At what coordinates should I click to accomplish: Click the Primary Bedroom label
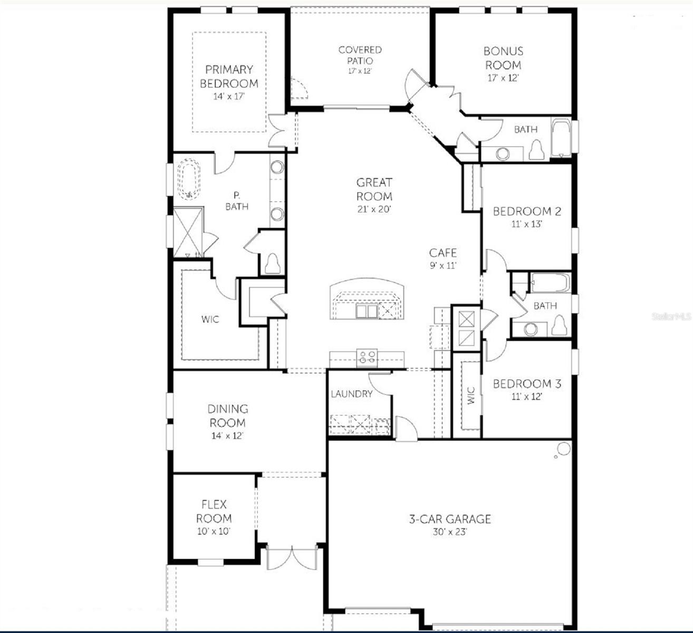(229, 76)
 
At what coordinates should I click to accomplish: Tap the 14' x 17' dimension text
(229, 97)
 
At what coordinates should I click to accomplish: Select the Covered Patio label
(360, 55)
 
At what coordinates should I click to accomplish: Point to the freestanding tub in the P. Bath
(188, 180)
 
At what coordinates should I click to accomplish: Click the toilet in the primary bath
(272, 264)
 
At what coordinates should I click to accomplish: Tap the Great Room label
(374, 189)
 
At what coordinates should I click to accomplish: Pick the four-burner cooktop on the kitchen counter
(368, 357)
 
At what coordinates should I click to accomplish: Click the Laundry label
(351, 394)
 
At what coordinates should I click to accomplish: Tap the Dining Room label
(228, 416)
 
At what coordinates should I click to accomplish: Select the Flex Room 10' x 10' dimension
(214, 532)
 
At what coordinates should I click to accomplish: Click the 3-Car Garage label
(450, 519)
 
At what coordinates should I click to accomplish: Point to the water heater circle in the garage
(563, 449)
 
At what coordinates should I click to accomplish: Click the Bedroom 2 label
(527, 212)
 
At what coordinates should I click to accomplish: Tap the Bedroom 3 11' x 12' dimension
(526, 397)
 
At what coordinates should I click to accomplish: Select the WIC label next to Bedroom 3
(471, 396)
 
